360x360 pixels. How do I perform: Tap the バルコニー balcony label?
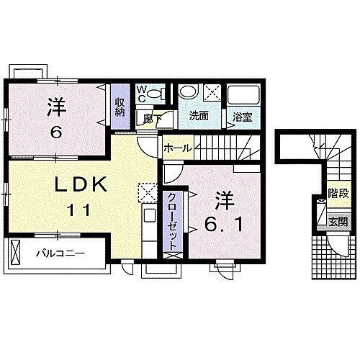tap(61, 254)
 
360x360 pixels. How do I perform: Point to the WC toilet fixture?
tap(162, 93)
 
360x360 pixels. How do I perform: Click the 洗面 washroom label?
tap(199, 114)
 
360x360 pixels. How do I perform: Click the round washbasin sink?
tap(189, 94)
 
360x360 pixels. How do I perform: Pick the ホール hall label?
tap(176, 147)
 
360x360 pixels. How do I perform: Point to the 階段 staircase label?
tap(334, 193)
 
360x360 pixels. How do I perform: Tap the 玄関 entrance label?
tap(337, 221)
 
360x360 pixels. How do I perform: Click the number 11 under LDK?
tap(81, 211)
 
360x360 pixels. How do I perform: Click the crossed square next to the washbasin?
tap(212, 92)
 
